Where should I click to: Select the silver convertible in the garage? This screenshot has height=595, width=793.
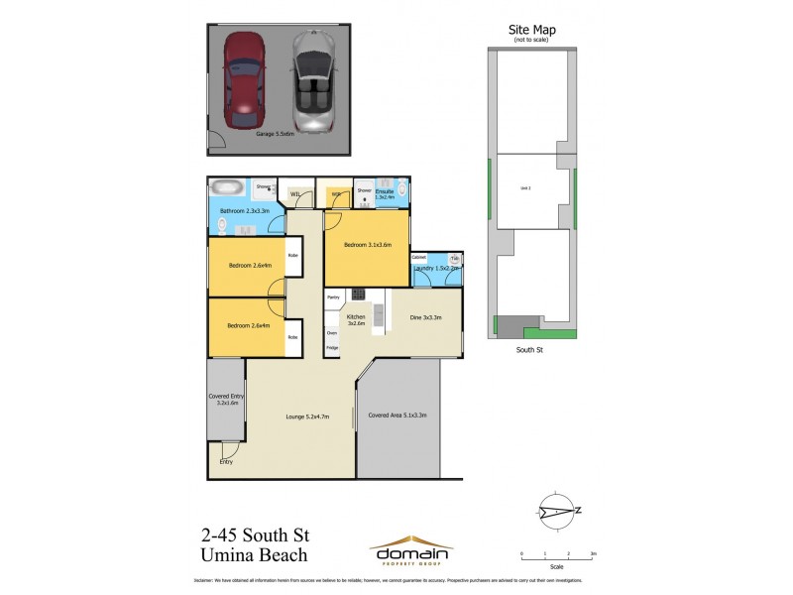pos(313,83)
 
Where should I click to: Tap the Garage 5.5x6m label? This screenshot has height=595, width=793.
pos(278,133)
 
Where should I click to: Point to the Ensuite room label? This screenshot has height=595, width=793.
pos(385,192)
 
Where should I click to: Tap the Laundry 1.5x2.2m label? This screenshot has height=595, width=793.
pos(437,268)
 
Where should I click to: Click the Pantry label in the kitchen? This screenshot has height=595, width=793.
pos(333,297)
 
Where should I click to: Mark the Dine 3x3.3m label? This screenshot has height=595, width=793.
pos(425,317)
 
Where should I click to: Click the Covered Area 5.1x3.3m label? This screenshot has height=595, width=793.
pos(396,415)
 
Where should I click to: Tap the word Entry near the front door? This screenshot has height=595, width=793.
pos(226,461)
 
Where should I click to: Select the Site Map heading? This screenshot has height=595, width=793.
pos(532,30)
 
